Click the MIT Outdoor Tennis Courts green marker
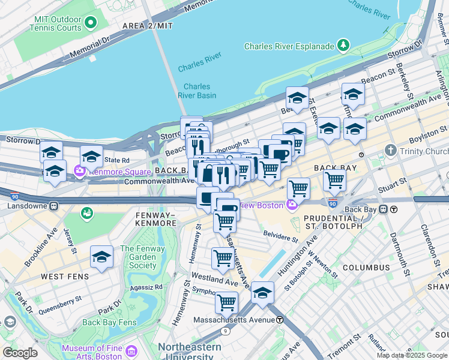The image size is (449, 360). [x=91, y=23]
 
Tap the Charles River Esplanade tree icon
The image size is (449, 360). [x=343, y=46]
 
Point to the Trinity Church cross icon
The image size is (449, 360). [x=391, y=150]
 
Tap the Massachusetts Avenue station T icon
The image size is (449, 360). [x=280, y=320]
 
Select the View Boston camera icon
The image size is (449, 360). [x=292, y=205]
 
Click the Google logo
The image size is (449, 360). [x=19, y=352]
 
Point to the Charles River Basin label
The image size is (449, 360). [x=196, y=91]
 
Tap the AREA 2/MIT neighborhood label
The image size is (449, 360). [x=147, y=26]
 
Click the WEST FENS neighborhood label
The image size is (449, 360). [x=65, y=277]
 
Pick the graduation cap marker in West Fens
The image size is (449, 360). [x=101, y=257]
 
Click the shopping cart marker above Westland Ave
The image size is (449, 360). [x=223, y=258]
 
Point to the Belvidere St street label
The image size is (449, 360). [x=280, y=236]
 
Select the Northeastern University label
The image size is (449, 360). [x=188, y=351]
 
